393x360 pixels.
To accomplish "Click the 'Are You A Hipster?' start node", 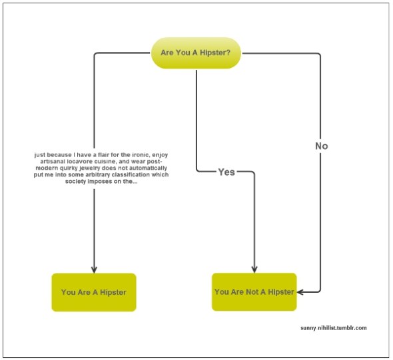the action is [x=196, y=53].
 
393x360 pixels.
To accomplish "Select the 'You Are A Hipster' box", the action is [x=94, y=292].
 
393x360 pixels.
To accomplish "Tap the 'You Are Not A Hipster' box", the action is [x=254, y=292].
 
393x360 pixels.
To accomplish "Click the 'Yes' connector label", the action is [x=226, y=172].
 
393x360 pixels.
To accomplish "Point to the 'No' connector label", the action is [x=321, y=146].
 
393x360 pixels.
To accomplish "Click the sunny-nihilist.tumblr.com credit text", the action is [x=334, y=328].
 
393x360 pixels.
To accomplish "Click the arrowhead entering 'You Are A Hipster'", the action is [x=94, y=270].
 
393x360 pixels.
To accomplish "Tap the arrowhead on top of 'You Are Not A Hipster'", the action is [x=254, y=270].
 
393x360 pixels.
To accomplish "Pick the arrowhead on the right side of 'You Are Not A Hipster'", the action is [x=300, y=292].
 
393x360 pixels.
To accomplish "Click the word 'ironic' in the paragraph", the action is [x=141, y=155].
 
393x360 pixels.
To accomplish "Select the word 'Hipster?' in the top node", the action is [x=215, y=53].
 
